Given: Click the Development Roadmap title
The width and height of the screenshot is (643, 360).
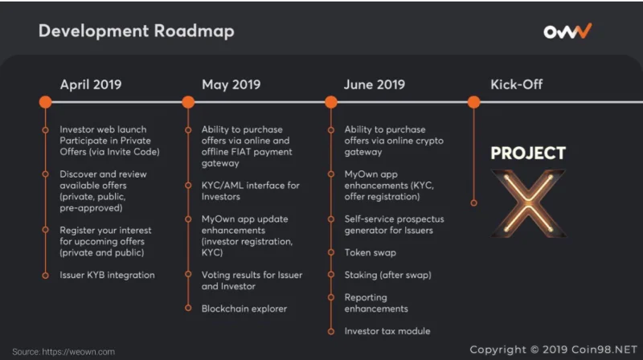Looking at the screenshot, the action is (x=136, y=31).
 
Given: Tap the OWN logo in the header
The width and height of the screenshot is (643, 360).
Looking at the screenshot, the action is (x=567, y=31).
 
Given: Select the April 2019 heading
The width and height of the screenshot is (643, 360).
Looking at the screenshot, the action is (x=91, y=84).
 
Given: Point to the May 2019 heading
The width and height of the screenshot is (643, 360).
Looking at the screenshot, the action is (x=231, y=84).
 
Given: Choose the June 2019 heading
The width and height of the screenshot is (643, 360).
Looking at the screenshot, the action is (x=375, y=84).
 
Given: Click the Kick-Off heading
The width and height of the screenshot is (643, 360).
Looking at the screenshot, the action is (x=517, y=84).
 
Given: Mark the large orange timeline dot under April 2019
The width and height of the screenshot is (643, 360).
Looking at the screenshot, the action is (x=46, y=102).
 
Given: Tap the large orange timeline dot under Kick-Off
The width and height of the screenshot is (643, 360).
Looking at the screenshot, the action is (x=473, y=102).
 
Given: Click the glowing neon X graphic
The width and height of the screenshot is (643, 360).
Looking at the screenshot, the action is (x=529, y=203).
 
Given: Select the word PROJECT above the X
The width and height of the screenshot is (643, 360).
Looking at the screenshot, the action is (x=528, y=153).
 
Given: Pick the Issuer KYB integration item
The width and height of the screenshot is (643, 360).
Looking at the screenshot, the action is (x=108, y=275).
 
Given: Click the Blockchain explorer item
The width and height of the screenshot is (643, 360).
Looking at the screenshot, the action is (x=244, y=309).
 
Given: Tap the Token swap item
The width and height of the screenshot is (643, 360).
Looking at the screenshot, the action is (x=371, y=252).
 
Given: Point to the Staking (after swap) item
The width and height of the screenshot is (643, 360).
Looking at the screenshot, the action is (x=388, y=275).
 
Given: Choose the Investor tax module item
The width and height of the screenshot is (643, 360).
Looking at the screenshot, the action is (x=387, y=331).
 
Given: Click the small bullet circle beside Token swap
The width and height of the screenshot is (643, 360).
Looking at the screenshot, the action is (x=331, y=252).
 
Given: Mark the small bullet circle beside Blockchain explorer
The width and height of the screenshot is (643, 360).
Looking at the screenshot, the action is (x=188, y=308).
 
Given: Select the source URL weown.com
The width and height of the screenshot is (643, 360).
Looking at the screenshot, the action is (x=78, y=352).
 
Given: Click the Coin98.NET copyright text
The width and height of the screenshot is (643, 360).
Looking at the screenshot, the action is (x=554, y=350).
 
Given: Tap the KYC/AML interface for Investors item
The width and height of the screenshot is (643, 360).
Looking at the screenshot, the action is (x=251, y=191).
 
